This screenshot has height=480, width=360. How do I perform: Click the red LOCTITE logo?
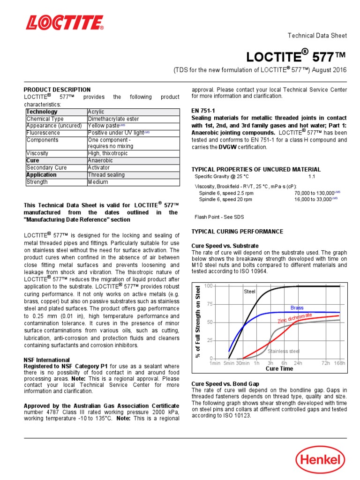click(x=64, y=22)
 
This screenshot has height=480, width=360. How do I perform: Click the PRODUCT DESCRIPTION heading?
click(x=57, y=90)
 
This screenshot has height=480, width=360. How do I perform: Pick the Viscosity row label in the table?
click(x=37, y=153)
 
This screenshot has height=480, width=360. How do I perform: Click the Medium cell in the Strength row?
click(x=97, y=182)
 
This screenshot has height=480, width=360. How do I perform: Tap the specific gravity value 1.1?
click(x=312, y=177)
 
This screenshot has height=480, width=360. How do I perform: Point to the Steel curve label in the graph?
click(x=249, y=292)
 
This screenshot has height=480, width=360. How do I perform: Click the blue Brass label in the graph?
click(x=297, y=308)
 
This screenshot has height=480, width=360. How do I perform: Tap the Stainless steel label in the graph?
click(x=283, y=351)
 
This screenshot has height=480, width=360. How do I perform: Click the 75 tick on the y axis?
click(x=209, y=304)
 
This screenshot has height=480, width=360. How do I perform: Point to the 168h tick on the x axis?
click(x=339, y=363)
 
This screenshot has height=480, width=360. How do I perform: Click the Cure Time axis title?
click(x=279, y=369)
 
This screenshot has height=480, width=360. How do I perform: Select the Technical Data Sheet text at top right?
click(x=317, y=36)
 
